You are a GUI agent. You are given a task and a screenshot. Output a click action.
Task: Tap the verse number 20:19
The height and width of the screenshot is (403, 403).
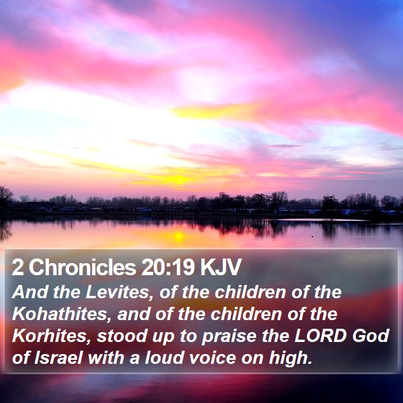coord(168,267)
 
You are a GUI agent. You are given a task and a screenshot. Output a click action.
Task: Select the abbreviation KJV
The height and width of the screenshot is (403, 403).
coord(220,267)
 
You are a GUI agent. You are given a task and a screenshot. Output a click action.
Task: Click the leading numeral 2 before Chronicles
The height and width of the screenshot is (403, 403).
coord(17,267)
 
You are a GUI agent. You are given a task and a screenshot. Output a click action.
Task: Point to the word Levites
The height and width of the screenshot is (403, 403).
coord(120,292)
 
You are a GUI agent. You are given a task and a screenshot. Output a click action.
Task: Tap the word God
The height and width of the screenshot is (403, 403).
coord(371,336)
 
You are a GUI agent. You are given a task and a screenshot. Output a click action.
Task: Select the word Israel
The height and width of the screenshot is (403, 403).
coord(58,358)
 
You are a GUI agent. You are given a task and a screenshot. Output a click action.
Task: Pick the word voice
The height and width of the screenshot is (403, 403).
coord(212,358)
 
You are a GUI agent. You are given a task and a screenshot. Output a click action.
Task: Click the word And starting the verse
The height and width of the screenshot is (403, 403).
coord(29,292)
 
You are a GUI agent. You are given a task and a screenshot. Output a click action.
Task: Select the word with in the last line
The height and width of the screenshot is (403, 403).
coord(106,358)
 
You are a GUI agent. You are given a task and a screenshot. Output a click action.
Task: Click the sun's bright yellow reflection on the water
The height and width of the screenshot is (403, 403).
coord(179,237)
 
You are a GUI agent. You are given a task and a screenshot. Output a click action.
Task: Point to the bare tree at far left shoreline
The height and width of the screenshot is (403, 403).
coord(5,197)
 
